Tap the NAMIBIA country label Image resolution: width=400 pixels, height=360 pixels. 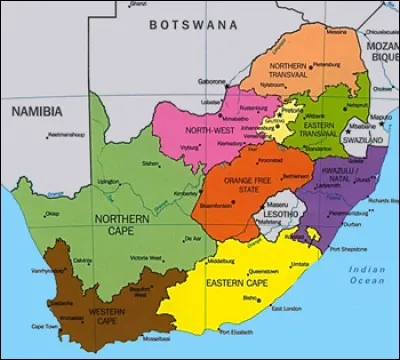click(x=36, y=111)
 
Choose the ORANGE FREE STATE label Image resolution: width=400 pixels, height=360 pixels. click(x=243, y=186)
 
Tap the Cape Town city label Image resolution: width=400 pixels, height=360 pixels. click(x=43, y=325)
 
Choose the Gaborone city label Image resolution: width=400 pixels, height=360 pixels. click(x=212, y=81)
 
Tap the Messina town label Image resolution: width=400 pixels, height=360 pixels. click(x=338, y=32)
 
